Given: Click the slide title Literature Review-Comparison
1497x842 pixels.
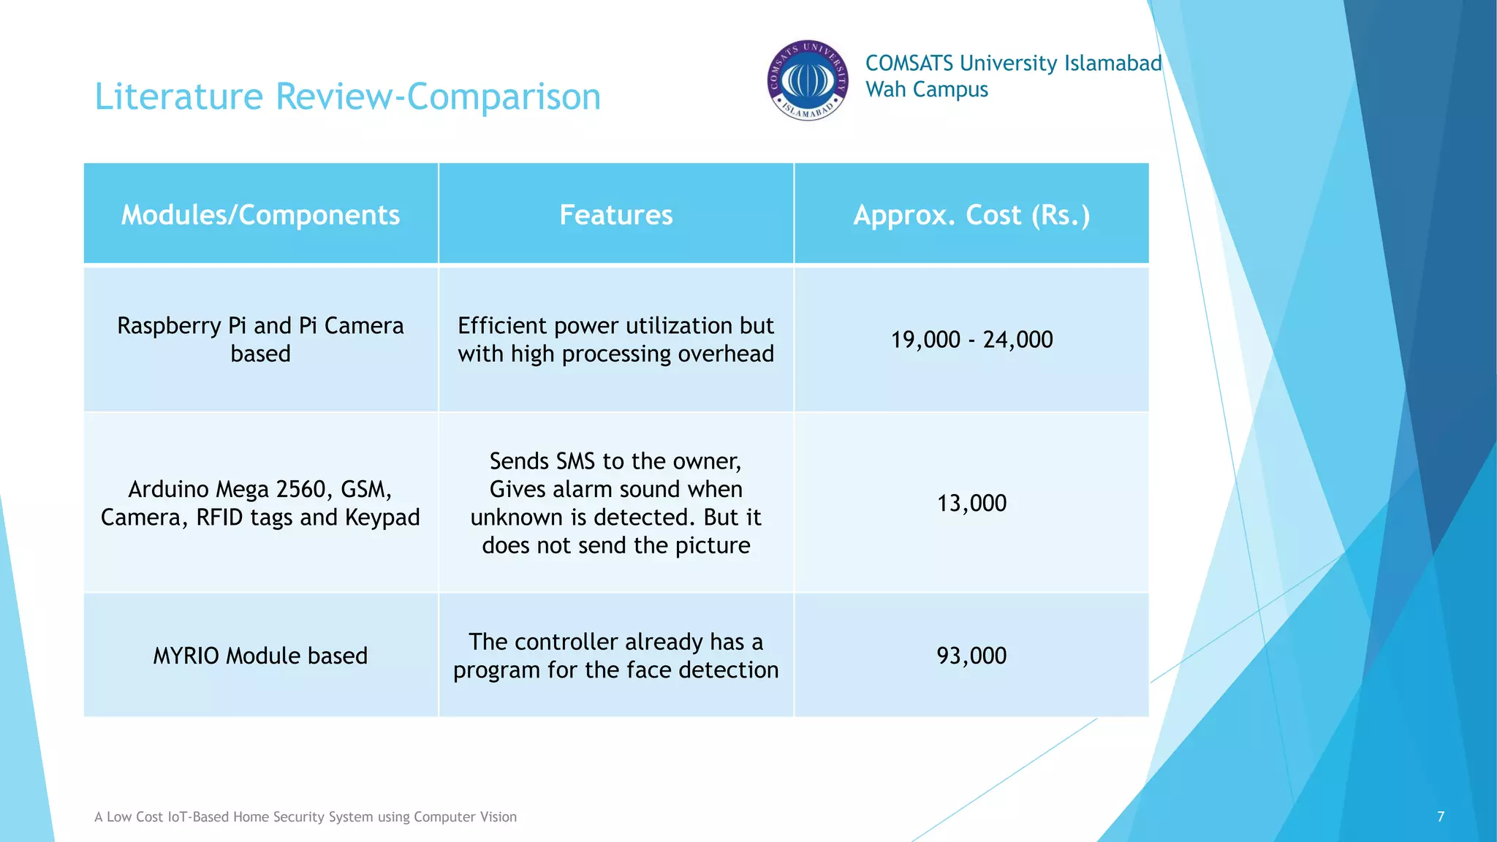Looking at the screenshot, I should click(x=347, y=96).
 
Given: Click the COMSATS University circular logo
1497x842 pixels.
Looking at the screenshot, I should click(x=807, y=80).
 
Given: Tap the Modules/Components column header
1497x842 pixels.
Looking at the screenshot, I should click(x=260, y=215).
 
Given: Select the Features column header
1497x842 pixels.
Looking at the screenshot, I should click(x=615, y=215).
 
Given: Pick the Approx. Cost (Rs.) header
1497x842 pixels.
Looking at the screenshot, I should click(x=971, y=215).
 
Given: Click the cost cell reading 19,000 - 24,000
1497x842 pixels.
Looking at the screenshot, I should click(x=971, y=340).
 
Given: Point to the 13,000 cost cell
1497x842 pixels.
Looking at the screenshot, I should click(x=971, y=503).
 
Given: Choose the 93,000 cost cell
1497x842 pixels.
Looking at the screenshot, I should click(x=971, y=656).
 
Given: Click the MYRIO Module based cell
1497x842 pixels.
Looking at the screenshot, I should click(x=260, y=656).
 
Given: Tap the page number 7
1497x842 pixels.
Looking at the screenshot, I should click(x=1441, y=816).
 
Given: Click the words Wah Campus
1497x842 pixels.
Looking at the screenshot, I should click(x=926, y=90).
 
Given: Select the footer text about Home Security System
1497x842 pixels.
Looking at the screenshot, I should click(x=306, y=817).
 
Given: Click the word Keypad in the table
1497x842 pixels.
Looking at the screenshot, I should click(x=382, y=517).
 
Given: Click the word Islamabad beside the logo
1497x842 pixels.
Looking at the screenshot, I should click(x=1113, y=64).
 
